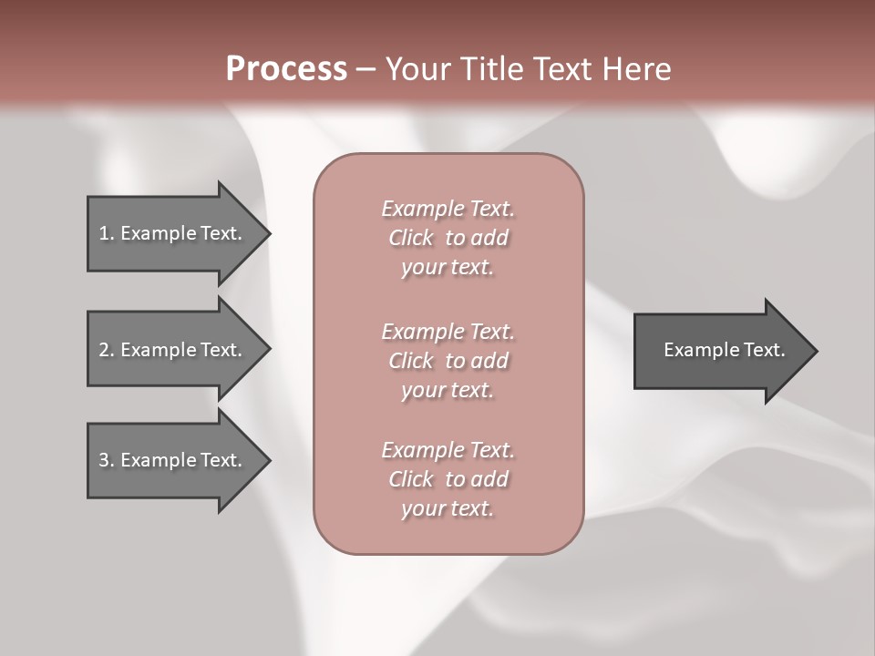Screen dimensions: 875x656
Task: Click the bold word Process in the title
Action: click(x=286, y=68)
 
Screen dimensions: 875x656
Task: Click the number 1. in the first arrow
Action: click(x=106, y=233)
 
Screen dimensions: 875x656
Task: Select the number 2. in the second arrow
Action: click(x=106, y=350)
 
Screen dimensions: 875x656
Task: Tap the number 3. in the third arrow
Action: click(x=106, y=460)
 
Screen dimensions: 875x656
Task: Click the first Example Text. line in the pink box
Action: click(x=448, y=209)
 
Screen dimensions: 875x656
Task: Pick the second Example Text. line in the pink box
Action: click(x=448, y=331)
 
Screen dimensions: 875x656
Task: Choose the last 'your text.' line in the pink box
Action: click(x=448, y=509)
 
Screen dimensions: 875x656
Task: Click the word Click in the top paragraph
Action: click(x=411, y=239)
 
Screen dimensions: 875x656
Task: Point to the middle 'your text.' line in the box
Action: click(x=448, y=391)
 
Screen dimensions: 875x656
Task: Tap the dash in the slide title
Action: click(x=366, y=69)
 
